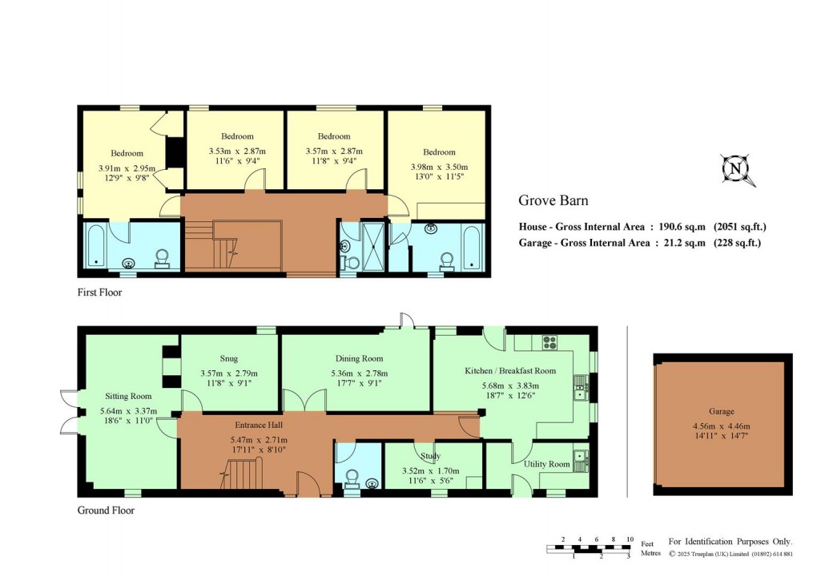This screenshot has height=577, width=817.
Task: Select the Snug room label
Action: [x=229, y=359]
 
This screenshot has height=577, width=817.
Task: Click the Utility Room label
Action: [x=547, y=465]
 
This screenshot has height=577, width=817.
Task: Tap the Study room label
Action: [x=431, y=457]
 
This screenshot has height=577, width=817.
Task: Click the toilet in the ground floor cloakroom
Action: [x=352, y=479]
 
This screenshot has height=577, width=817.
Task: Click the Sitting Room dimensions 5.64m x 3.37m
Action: [x=129, y=412]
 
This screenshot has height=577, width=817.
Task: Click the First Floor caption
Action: [x=99, y=293]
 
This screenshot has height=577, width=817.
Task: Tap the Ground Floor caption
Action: [x=106, y=510]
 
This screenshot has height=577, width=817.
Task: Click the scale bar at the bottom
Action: [x=590, y=549]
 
